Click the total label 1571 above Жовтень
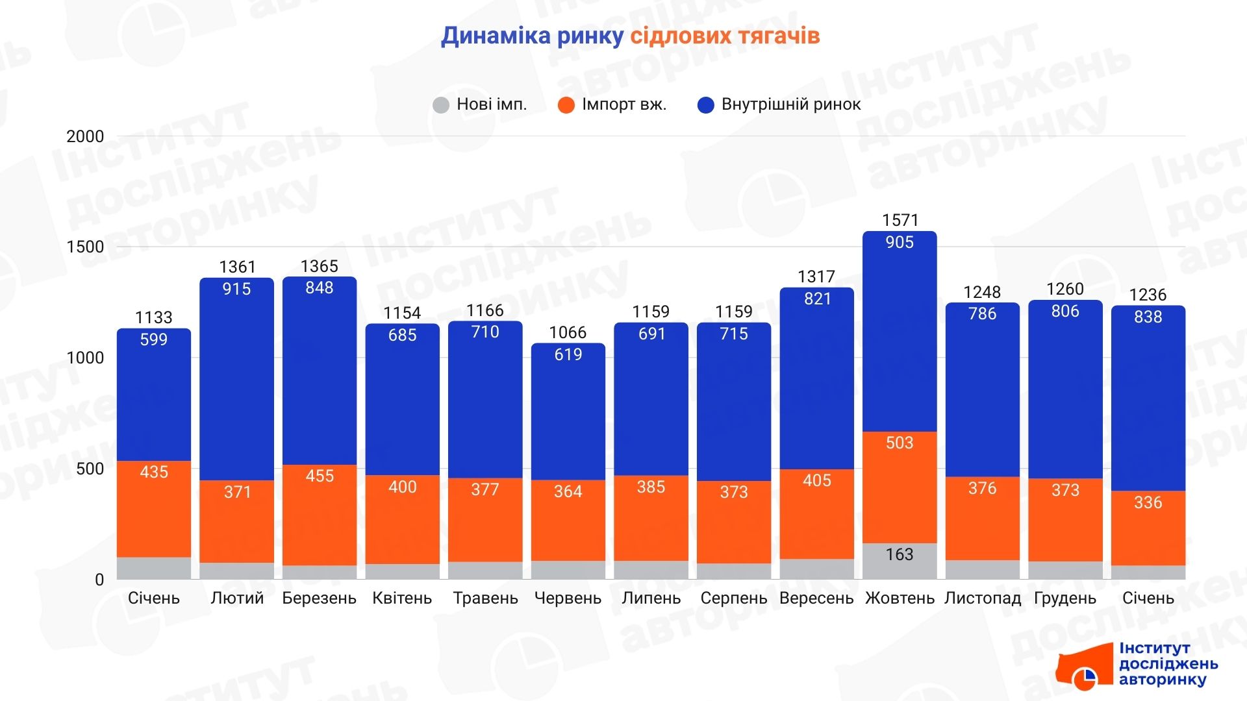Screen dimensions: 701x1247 [x=900, y=220]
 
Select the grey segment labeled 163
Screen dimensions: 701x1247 [x=900, y=560]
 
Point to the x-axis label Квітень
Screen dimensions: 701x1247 [x=402, y=598]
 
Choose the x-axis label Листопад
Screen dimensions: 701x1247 [x=982, y=598]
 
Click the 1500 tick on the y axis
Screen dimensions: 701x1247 [x=85, y=247]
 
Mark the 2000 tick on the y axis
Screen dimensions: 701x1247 [x=85, y=136]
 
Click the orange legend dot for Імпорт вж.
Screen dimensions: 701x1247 [x=566, y=105]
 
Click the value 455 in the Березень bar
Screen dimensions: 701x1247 [x=320, y=476]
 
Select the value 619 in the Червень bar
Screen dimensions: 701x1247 [x=568, y=354]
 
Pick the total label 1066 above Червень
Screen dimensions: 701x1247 [x=568, y=332]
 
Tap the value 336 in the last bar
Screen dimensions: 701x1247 [x=1148, y=502]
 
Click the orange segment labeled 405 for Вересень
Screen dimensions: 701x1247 [x=816, y=513]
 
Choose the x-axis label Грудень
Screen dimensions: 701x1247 [x=1064, y=598]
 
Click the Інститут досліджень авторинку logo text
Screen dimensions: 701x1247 [x=1168, y=664]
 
